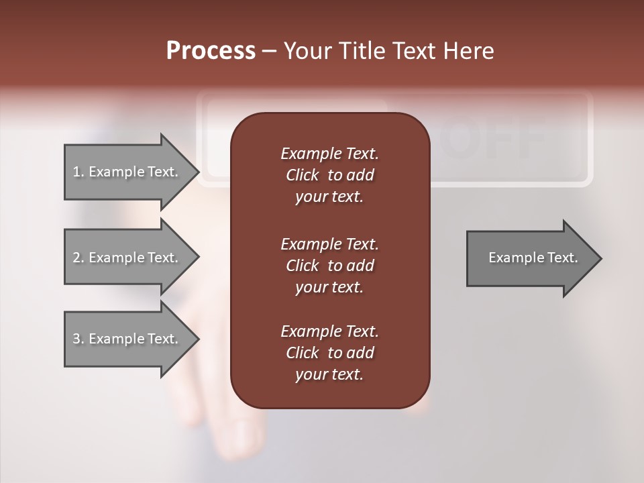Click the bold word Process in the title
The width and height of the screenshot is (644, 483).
(211, 51)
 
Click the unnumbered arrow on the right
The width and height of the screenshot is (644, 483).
(530, 258)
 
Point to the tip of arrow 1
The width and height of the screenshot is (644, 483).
(197, 172)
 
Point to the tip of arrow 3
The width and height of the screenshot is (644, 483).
(197, 339)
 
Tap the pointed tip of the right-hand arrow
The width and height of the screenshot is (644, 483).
(600, 258)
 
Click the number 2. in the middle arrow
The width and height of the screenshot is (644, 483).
(78, 258)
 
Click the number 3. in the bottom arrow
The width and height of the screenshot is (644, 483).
(78, 339)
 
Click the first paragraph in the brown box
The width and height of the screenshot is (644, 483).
(329, 175)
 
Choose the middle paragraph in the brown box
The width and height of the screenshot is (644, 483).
(329, 265)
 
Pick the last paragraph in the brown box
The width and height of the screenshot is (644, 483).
(329, 353)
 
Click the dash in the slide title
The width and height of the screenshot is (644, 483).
(269, 52)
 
